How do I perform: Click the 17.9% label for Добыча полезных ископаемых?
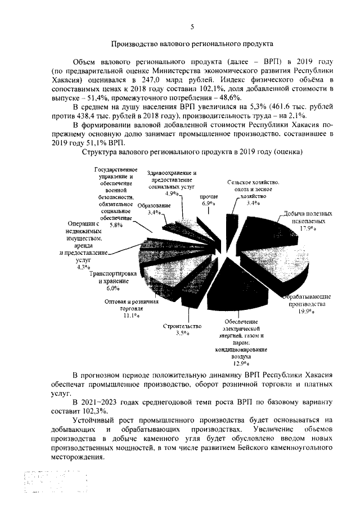click(307, 228)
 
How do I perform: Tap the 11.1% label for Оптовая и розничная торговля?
click(131, 316)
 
